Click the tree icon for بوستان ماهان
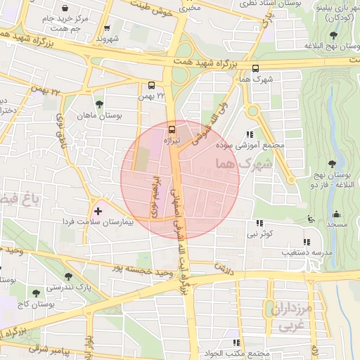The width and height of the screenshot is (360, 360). tap(98, 103)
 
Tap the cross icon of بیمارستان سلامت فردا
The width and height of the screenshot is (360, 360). tap(98, 210)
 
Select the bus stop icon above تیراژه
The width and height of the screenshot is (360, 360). tap(172, 129)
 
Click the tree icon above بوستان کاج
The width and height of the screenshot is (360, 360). tap(35, 292)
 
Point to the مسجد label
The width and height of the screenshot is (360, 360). tap(337, 224)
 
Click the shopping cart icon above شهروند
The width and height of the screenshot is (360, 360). tap(107, 29)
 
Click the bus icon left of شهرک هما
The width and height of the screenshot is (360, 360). tap(255, 69)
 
